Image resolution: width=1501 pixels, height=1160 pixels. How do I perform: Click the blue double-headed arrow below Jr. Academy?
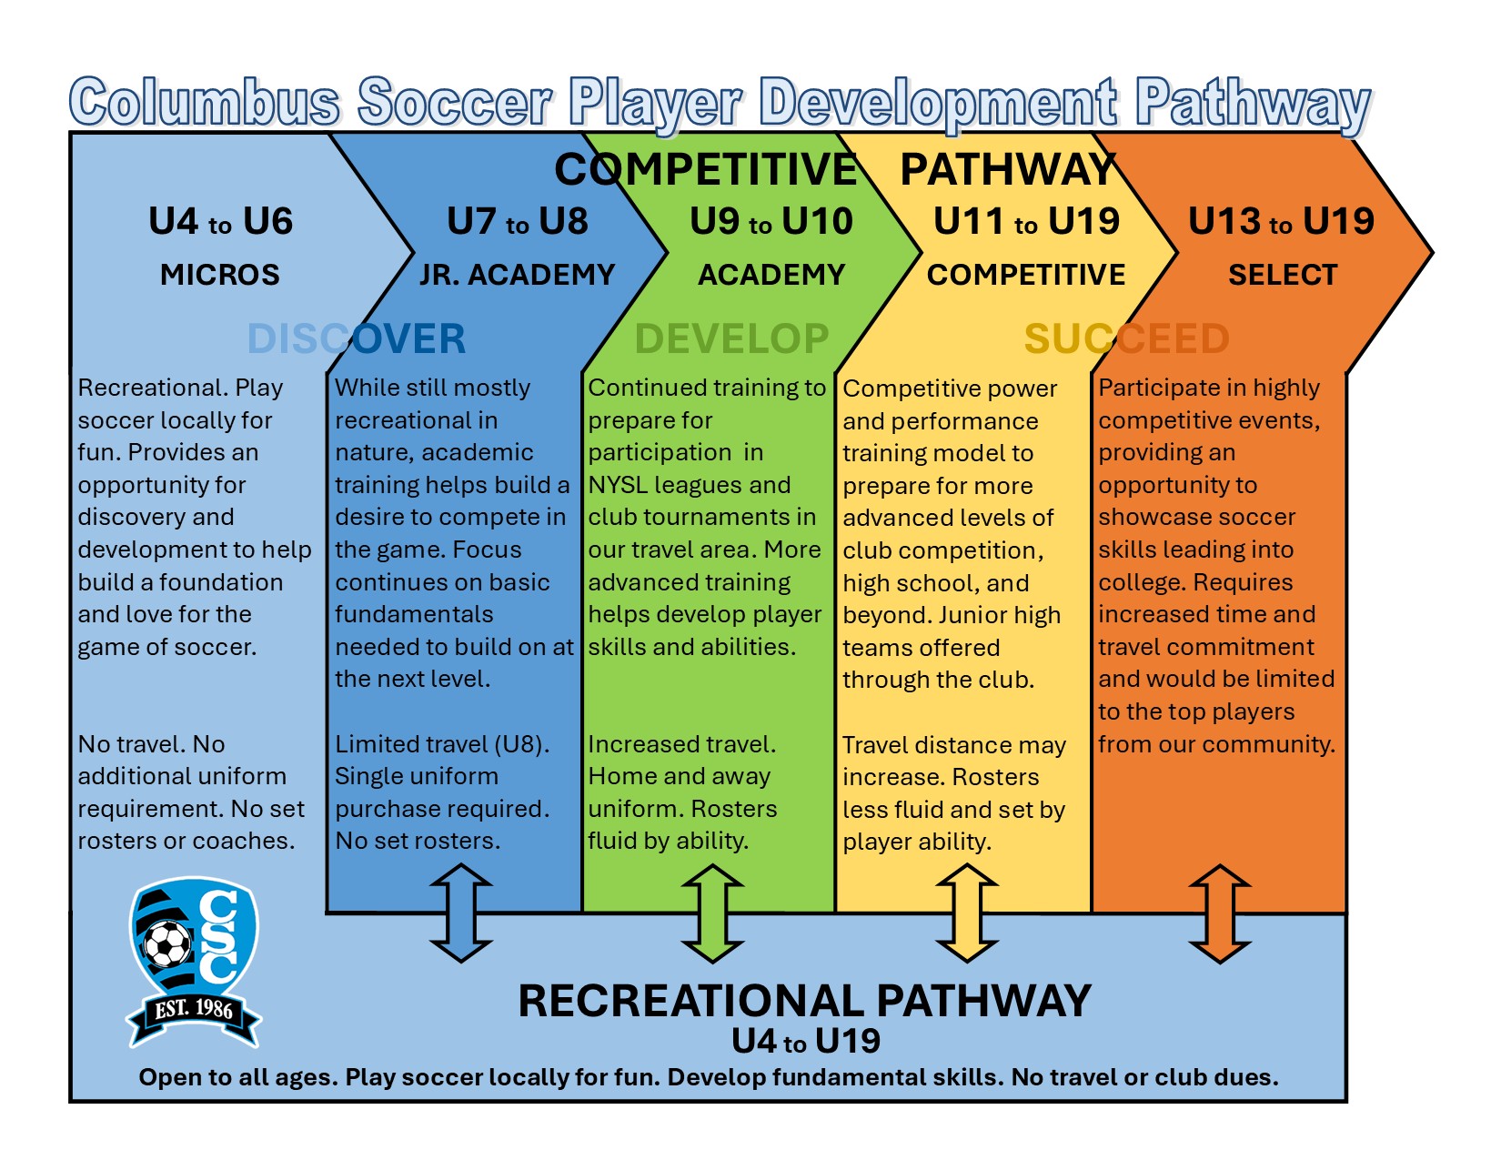click(x=461, y=913)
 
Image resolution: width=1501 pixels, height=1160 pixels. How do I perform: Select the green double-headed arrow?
click(x=713, y=913)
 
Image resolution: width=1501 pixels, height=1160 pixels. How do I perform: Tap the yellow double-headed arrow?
click(x=967, y=913)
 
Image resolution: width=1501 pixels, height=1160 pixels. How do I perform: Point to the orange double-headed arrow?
click(x=1220, y=913)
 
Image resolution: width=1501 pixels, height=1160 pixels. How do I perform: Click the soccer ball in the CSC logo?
click(x=167, y=944)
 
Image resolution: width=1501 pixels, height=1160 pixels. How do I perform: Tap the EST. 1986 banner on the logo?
click(x=194, y=1010)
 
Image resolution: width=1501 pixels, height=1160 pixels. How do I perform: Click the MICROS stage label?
click(x=220, y=275)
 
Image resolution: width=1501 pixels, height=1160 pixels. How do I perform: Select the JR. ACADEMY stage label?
click(x=517, y=275)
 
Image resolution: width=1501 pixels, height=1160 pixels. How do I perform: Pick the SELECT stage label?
click(x=1283, y=275)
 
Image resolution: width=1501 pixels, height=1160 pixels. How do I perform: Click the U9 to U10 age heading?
click(x=771, y=222)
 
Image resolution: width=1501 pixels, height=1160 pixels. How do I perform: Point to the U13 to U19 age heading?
click(x=1281, y=222)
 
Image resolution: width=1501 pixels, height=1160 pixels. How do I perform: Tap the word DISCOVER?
click(x=357, y=339)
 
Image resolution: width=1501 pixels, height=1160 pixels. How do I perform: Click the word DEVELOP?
click(x=731, y=339)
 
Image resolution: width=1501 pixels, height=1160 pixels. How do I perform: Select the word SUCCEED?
click(x=1126, y=339)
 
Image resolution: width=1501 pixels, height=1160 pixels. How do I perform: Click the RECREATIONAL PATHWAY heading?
click(x=804, y=1001)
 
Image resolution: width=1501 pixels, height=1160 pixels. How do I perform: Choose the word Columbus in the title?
click(x=205, y=102)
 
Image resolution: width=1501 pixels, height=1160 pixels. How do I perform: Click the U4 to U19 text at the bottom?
click(x=806, y=1041)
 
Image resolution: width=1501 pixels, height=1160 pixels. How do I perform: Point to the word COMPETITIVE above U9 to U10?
click(x=706, y=169)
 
